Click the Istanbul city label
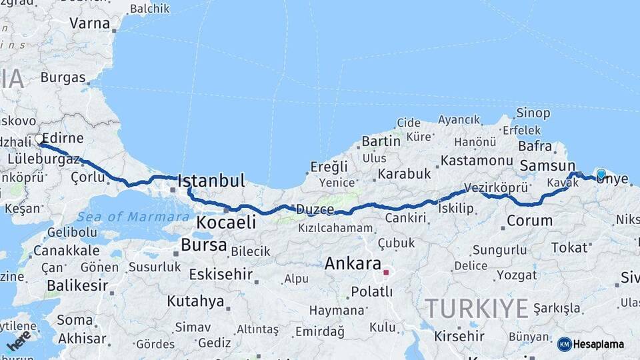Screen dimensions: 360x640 (x=211, y=181)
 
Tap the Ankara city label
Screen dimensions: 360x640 (x=353, y=263)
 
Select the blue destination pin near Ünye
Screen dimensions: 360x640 (x=601, y=175)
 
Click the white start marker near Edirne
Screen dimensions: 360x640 (x=39, y=140)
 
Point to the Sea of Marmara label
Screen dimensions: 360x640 (x=133, y=217)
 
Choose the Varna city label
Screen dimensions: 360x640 (x=89, y=23)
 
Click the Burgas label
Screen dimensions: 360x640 (x=63, y=77)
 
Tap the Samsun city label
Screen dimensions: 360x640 (x=547, y=165)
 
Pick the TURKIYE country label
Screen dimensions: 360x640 (x=477, y=308)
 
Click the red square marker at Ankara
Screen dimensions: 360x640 (x=385, y=272)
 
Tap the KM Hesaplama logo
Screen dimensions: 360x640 (x=591, y=344)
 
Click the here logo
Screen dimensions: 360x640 (x=19, y=341)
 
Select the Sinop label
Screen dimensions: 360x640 (x=534, y=114)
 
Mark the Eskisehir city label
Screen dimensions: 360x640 (x=221, y=274)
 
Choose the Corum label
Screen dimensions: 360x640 (x=529, y=220)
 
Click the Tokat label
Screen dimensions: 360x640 (x=569, y=247)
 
